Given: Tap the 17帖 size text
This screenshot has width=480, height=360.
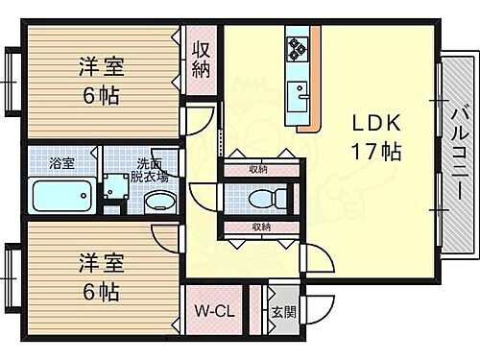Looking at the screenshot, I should [x=374, y=152].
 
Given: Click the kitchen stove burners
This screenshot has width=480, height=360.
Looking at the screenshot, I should [x=295, y=47].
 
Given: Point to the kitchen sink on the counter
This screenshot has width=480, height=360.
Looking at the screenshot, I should [x=298, y=93].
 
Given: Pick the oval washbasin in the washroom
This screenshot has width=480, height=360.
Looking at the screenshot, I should [x=160, y=201].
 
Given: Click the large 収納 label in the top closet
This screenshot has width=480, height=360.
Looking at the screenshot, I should [x=200, y=59].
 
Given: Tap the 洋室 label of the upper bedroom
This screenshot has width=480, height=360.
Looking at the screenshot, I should [x=101, y=68].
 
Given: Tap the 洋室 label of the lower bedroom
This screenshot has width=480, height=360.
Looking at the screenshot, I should [x=99, y=261].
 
